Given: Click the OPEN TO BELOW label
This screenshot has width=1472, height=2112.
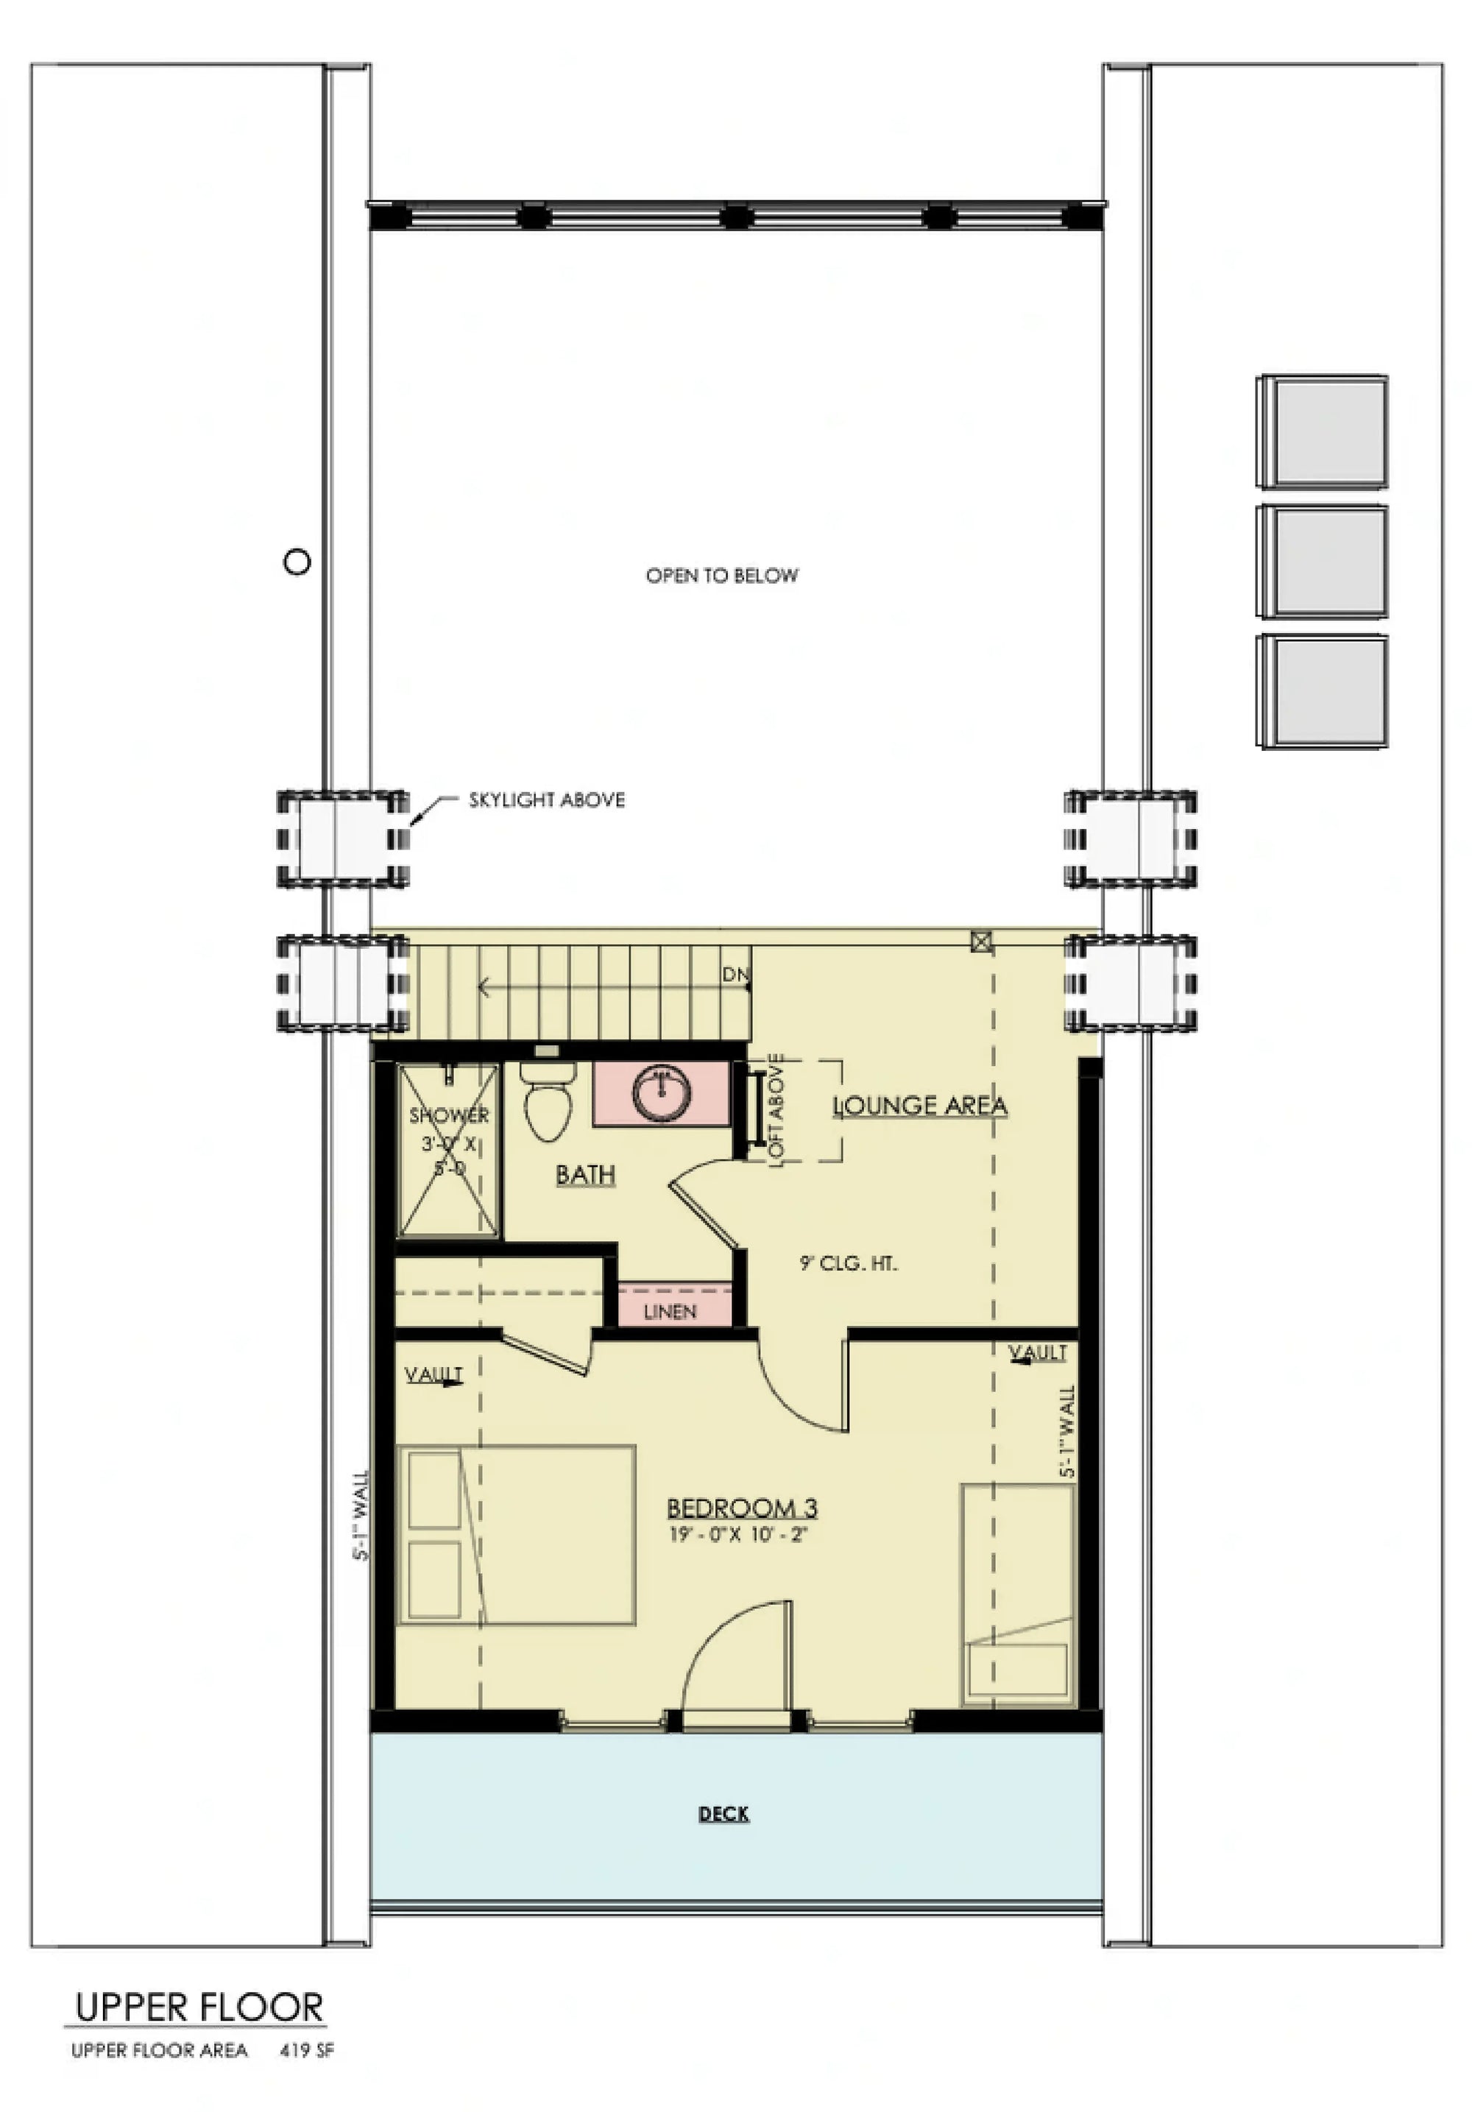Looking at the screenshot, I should click(x=722, y=576).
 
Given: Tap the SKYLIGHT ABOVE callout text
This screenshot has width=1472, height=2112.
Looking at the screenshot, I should click(x=546, y=800).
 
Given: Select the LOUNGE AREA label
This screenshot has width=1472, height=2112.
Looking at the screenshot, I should click(x=919, y=1106).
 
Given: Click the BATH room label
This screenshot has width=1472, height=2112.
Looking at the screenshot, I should click(x=585, y=1175).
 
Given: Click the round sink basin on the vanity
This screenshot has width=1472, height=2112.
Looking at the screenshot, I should click(x=661, y=1094).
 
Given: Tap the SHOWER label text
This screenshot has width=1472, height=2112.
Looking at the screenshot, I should click(x=449, y=1116).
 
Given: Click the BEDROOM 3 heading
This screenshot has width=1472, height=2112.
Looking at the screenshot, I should click(x=741, y=1508).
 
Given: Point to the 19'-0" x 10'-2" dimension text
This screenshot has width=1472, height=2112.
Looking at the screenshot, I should click(x=737, y=1534).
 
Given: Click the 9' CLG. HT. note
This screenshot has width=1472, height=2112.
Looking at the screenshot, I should click(x=848, y=1264).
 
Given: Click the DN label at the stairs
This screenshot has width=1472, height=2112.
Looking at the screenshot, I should click(x=735, y=974).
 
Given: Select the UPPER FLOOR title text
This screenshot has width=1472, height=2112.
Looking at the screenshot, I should click(x=199, y=2007).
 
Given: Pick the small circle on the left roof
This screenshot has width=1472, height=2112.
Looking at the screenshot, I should click(x=297, y=561).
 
